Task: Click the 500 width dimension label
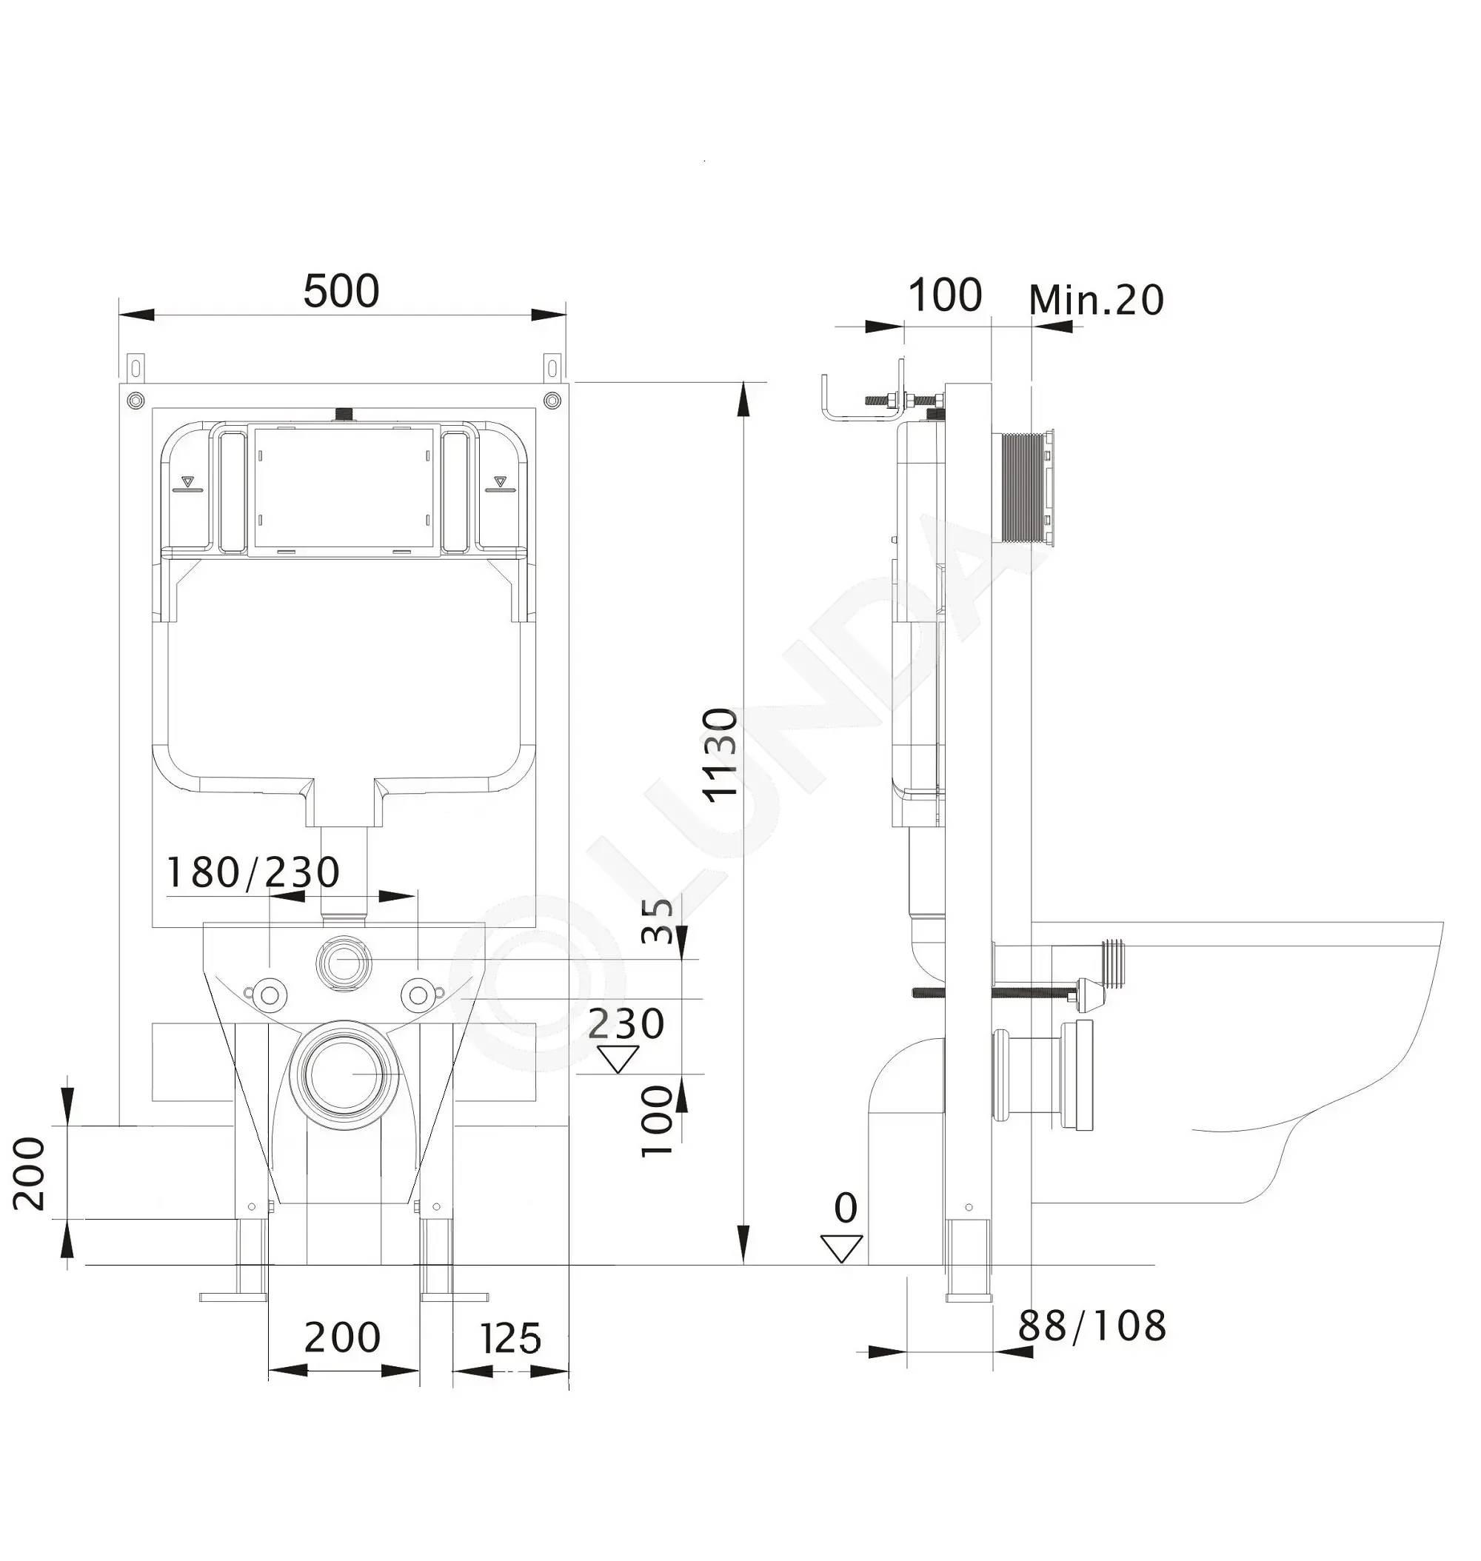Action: (341, 291)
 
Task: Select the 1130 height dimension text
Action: (721, 755)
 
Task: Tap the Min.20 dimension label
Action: (1096, 299)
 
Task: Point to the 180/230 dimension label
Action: (253, 872)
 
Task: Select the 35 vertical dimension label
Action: (658, 920)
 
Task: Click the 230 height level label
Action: (626, 1024)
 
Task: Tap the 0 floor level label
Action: (846, 1208)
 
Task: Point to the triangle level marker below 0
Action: (841, 1249)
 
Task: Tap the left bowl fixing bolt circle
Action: (270, 993)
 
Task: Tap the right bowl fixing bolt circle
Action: (418, 993)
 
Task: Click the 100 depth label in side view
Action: (945, 295)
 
